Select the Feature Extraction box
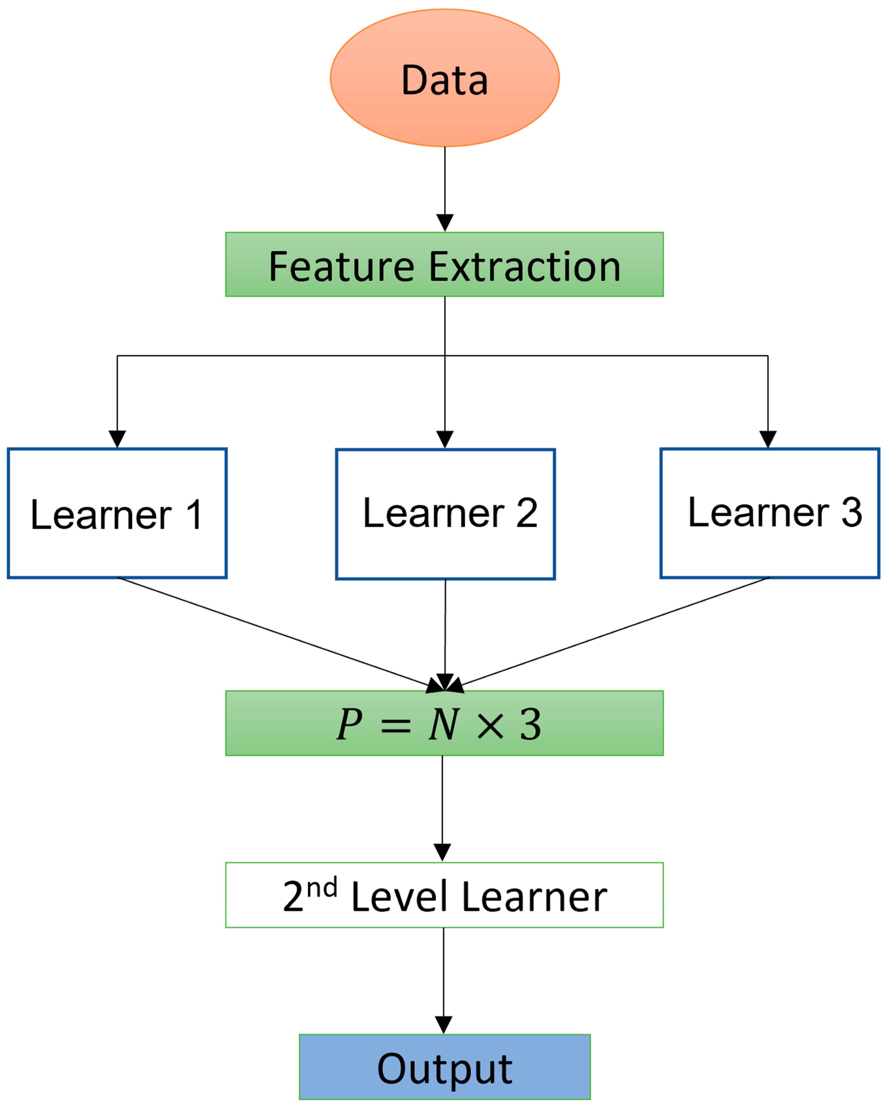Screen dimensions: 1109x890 pos(444,264)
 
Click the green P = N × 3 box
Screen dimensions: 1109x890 pos(444,723)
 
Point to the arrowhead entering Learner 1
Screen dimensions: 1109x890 pos(117,439)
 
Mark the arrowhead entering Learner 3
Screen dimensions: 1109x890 pos(768,439)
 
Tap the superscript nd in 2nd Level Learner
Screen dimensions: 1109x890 pos(322,887)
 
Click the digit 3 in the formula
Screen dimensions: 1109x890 pos(530,724)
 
